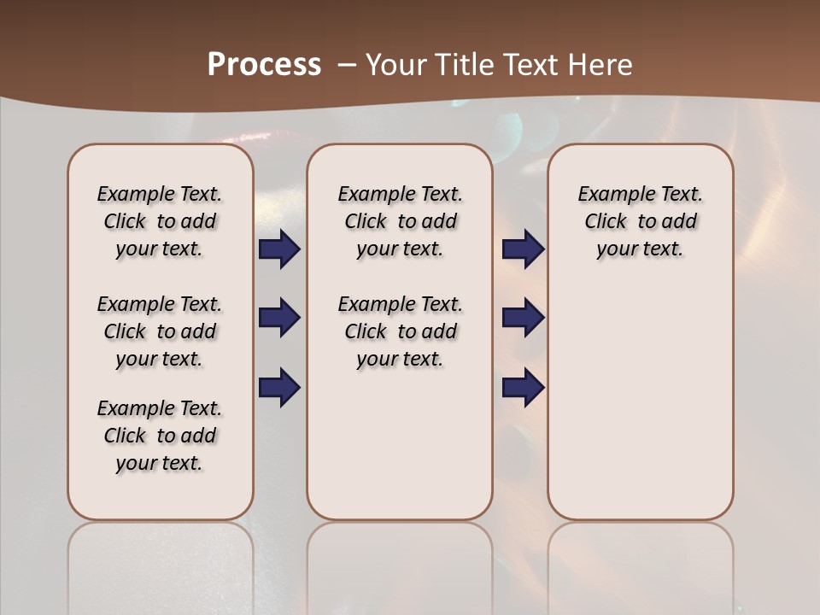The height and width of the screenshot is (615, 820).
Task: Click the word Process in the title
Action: click(264, 65)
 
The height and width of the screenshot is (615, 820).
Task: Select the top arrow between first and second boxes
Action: click(279, 249)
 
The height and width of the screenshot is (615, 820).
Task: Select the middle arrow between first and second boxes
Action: click(279, 319)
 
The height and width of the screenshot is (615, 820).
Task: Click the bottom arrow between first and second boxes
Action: click(279, 387)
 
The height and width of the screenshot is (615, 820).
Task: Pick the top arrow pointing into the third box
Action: click(523, 249)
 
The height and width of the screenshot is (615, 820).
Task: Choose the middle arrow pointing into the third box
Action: click(523, 319)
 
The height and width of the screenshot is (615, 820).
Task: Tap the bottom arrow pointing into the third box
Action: click(523, 387)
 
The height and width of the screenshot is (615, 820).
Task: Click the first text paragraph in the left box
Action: click(160, 221)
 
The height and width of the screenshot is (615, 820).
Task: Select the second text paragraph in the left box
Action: click(160, 331)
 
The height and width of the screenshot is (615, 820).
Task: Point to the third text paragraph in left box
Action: click(160, 436)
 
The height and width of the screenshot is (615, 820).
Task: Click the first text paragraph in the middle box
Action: click(401, 221)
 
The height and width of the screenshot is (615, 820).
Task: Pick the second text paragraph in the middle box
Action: click(401, 331)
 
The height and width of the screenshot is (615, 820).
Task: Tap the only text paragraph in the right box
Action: click(641, 221)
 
